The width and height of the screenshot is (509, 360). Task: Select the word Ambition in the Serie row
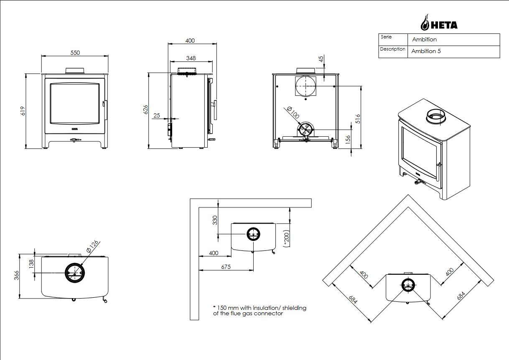pos(424,40)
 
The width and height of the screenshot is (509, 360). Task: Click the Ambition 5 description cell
pos(426,51)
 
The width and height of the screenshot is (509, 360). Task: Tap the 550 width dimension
pos(75,53)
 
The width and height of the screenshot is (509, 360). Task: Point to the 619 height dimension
pos(23,111)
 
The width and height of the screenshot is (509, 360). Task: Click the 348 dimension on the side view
pos(191,58)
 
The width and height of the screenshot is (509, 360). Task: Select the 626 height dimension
pos(145,110)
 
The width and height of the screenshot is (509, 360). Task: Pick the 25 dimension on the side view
pos(157,115)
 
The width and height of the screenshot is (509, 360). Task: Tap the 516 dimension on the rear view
pos(357,118)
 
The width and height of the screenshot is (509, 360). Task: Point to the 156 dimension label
pos(349,140)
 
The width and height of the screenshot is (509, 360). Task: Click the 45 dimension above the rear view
pos(321,59)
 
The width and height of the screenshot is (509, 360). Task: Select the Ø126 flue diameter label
pos(92,246)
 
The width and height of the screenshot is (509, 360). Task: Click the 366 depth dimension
pos(16,276)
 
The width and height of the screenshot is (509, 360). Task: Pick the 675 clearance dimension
pos(226,267)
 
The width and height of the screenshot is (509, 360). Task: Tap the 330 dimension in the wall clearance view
pos(215,220)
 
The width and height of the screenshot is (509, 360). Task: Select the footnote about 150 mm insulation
pos(260,311)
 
